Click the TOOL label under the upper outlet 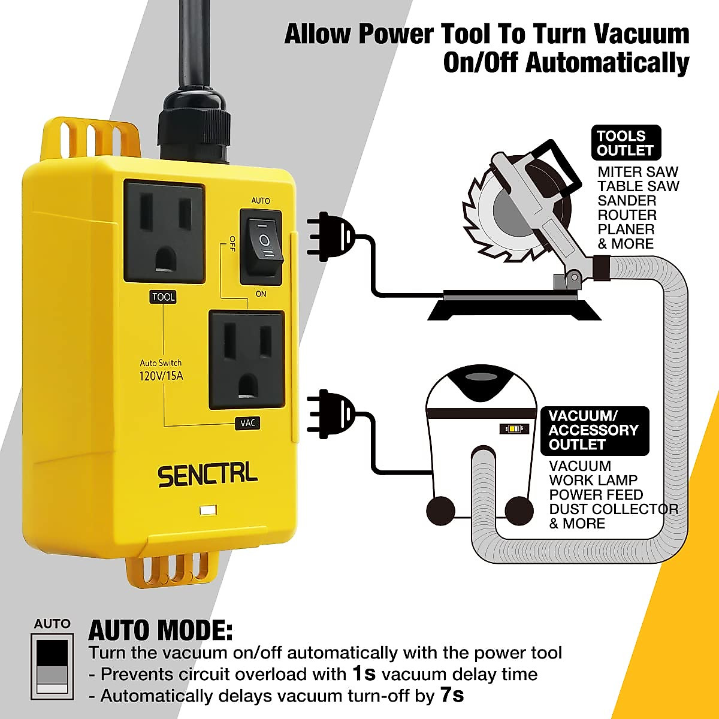(163, 297)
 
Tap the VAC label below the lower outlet (247, 423)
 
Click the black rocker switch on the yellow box (261, 246)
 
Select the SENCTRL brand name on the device (207, 475)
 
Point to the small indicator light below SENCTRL (209, 511)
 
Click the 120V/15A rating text (161, 377)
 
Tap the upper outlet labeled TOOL (164, 231)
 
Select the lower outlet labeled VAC (246, 359)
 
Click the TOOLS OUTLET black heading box (626, 143)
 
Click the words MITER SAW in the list (638, 172)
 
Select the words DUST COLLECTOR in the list (613, 509)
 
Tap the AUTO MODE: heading (160, 630)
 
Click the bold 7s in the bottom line (452, 695)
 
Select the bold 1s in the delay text (364, 673)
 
